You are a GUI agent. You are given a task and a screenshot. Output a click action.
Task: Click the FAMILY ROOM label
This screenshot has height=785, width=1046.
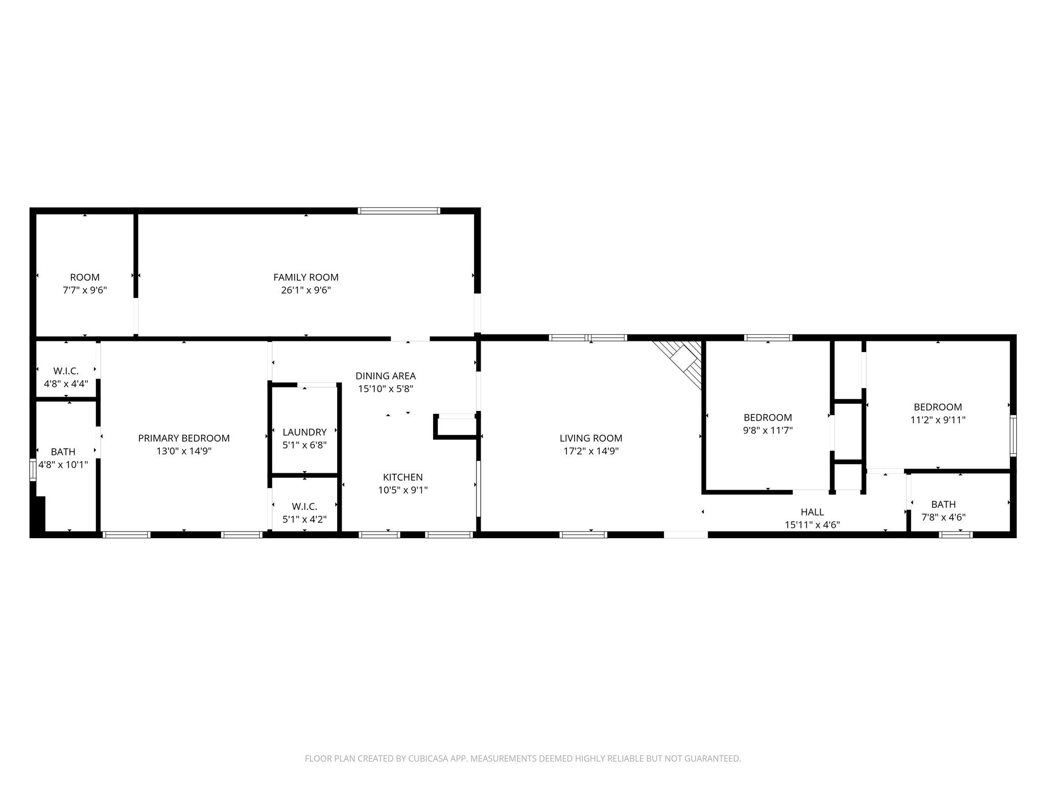[305, 277]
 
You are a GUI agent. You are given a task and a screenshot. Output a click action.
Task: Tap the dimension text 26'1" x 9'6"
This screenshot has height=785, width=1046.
[305, 290]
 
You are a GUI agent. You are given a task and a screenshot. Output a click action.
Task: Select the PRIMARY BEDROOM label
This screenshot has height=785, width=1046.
[184, 438]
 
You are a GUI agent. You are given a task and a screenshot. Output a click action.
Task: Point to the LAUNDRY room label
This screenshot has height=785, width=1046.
[304, 432]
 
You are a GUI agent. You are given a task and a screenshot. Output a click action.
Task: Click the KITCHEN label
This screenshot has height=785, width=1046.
[402, 477]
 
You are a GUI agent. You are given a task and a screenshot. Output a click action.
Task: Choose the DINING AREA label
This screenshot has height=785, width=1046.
[386, 376]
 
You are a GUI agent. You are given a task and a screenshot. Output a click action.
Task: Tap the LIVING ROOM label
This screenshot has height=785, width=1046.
[590, 438]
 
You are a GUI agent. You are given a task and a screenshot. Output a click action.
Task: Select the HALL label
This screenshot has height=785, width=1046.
[812, 512]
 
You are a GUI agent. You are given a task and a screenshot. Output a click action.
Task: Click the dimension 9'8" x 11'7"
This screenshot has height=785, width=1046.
[768, 430]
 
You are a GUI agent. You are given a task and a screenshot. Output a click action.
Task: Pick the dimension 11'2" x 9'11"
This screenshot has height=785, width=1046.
[938, 420]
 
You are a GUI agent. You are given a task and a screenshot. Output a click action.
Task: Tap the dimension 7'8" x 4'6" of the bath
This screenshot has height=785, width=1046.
[943, 517]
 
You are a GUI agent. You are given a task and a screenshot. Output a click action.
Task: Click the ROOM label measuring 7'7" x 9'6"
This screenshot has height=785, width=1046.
[85, 277]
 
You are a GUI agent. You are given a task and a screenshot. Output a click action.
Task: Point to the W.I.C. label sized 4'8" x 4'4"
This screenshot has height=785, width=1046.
[66, 371]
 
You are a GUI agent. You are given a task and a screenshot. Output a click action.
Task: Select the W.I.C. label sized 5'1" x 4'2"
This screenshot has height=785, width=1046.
[304, 506]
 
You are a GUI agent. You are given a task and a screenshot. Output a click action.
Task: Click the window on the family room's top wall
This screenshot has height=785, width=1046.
[398, 211]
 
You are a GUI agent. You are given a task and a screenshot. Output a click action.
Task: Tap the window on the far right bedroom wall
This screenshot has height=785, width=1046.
[1013, 435]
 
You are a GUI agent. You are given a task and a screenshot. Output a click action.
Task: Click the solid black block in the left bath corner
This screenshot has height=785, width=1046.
[39, 514]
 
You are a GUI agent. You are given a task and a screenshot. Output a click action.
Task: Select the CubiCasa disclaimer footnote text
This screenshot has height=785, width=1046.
[522, 758]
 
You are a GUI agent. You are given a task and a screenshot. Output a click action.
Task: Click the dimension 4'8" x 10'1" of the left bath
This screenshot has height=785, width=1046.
[63, 465]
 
